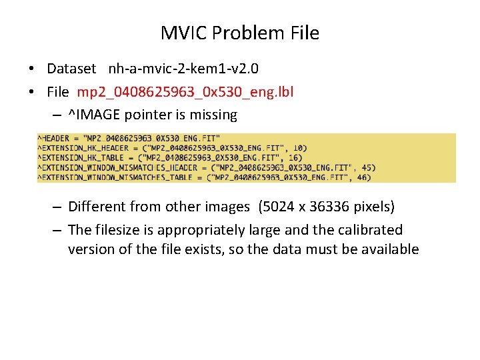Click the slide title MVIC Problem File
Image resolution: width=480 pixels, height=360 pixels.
[240, 33]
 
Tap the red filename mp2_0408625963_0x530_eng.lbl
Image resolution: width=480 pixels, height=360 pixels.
[185, 92]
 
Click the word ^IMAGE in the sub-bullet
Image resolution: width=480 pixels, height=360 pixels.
[91, 115]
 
